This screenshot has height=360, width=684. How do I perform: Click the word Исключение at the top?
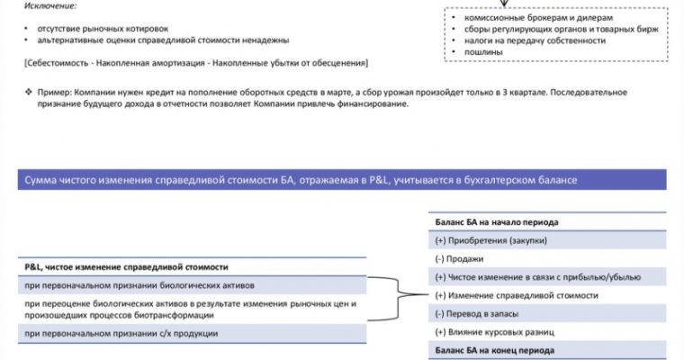pyautogui.click(x=50, y=7)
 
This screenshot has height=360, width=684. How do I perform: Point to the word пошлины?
pyautogui.click(x=483, y=52)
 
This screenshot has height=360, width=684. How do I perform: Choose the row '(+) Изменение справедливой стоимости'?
pyautogui.click(x=516, y=295)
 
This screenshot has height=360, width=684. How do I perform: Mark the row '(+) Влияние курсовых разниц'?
pyautogui.click(x=493, y=331)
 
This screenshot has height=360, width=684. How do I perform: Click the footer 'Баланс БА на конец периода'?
pyautogui.click(x=494, y=349)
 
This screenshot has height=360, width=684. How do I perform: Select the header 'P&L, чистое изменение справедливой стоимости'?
pyautogui.click(x=127, y=267)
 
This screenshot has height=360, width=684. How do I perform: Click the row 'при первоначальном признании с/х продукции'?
pyautogui.click(x=121, y=334)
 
